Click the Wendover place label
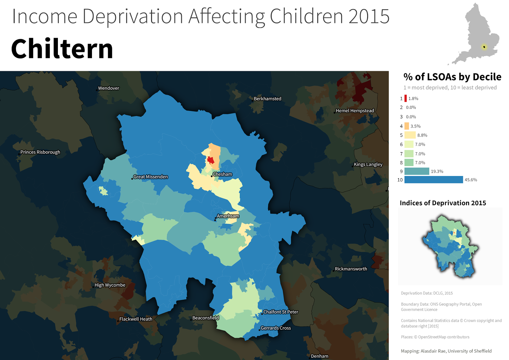(x=108, y=88)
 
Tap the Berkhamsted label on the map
(x=267, y=99)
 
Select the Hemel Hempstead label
(x=355, y=111)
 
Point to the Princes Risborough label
(x=40, y=152)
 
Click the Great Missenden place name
(x=150, y=177)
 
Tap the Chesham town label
(x=222, y=174)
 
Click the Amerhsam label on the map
(x=228, y=216)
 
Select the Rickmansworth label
(x=351, y=269)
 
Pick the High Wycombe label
(x=110, y=285)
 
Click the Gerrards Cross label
(x=275, y=328)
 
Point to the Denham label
(x=319, y=356)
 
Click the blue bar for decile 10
(x=433, y=180)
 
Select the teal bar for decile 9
(x=416, y=171)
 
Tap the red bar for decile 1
(x=406, y=98)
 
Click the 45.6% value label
(x=471, y=180)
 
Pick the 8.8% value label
(x=422, y=135)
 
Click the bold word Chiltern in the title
(x=62, y=49)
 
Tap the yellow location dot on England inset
(x=484, y=47)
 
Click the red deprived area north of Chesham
(x=211, y=160)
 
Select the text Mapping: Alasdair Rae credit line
(x=446, y=351)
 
